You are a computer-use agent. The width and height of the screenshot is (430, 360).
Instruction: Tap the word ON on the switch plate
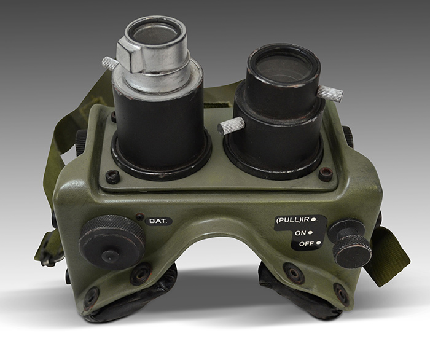point(300,233)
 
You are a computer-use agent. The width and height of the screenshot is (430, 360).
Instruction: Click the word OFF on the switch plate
point(306,244)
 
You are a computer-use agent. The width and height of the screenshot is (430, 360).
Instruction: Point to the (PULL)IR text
point(292,219)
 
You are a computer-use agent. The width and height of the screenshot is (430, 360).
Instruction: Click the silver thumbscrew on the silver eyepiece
point(110,63)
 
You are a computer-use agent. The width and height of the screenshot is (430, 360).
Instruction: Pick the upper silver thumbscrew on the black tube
point(330,92)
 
